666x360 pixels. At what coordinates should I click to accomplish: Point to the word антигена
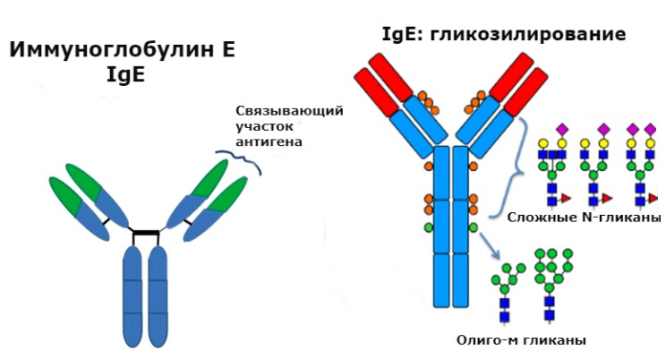(269, 141)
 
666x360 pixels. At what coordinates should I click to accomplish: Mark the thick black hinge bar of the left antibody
(144, 234)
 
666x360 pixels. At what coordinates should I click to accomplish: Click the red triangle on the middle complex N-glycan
(609, 197)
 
